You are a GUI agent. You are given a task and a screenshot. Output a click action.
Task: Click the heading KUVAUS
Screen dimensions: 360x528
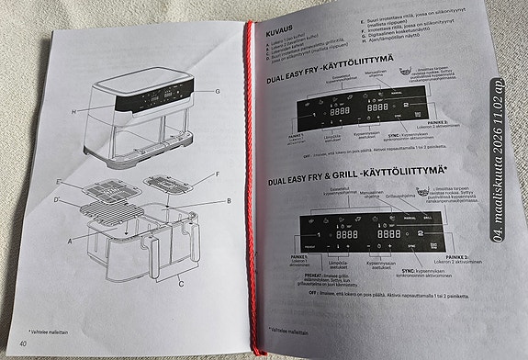coord(277,30)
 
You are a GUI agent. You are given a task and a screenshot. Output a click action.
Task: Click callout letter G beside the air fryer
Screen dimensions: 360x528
coord(218,92)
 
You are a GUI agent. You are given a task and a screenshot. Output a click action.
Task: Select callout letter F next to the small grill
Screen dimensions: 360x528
coord(217,174)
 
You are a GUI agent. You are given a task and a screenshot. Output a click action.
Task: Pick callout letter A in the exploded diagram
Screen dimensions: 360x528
coord(69,240)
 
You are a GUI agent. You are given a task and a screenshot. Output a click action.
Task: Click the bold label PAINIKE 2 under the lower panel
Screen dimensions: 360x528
coord(462,259)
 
